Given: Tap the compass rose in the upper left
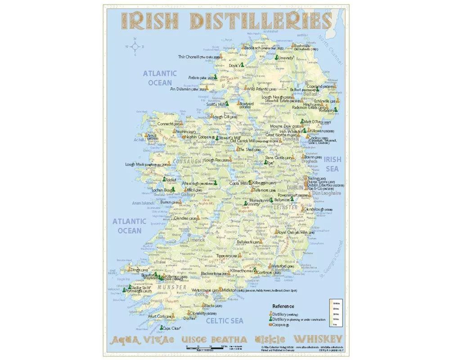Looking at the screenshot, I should pyautogui.click(x=135, y=46).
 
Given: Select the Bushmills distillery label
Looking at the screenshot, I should pyautogui.click(x=301, y=45).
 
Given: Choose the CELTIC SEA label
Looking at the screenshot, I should pyautogui.click(x=224, y=321).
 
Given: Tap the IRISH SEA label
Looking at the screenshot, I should pyautogui.click(x=333, y=164).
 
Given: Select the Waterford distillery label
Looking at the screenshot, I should pyautogui.click(x=284, y=266).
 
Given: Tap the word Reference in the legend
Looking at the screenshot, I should pyautogui.click(x=283, y=306).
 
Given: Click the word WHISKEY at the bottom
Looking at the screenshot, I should pyautogui.click(x=318, y=339).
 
